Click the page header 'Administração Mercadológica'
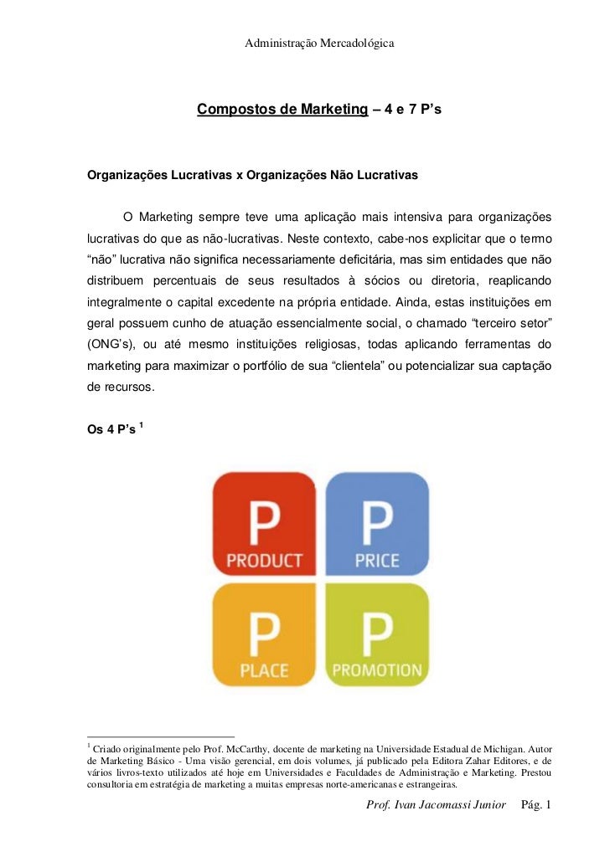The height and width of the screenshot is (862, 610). coord(319,43)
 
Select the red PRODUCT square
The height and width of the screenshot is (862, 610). coord(264,524)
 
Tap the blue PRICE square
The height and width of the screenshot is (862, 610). coord(377,524)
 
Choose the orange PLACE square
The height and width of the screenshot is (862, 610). coord(264,634)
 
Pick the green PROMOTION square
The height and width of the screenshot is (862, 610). coord(377,634)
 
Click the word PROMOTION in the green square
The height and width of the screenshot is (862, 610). coord(377,670)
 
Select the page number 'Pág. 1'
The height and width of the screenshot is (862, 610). coord(535,805)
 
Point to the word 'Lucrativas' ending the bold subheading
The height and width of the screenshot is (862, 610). coord(388,177)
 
